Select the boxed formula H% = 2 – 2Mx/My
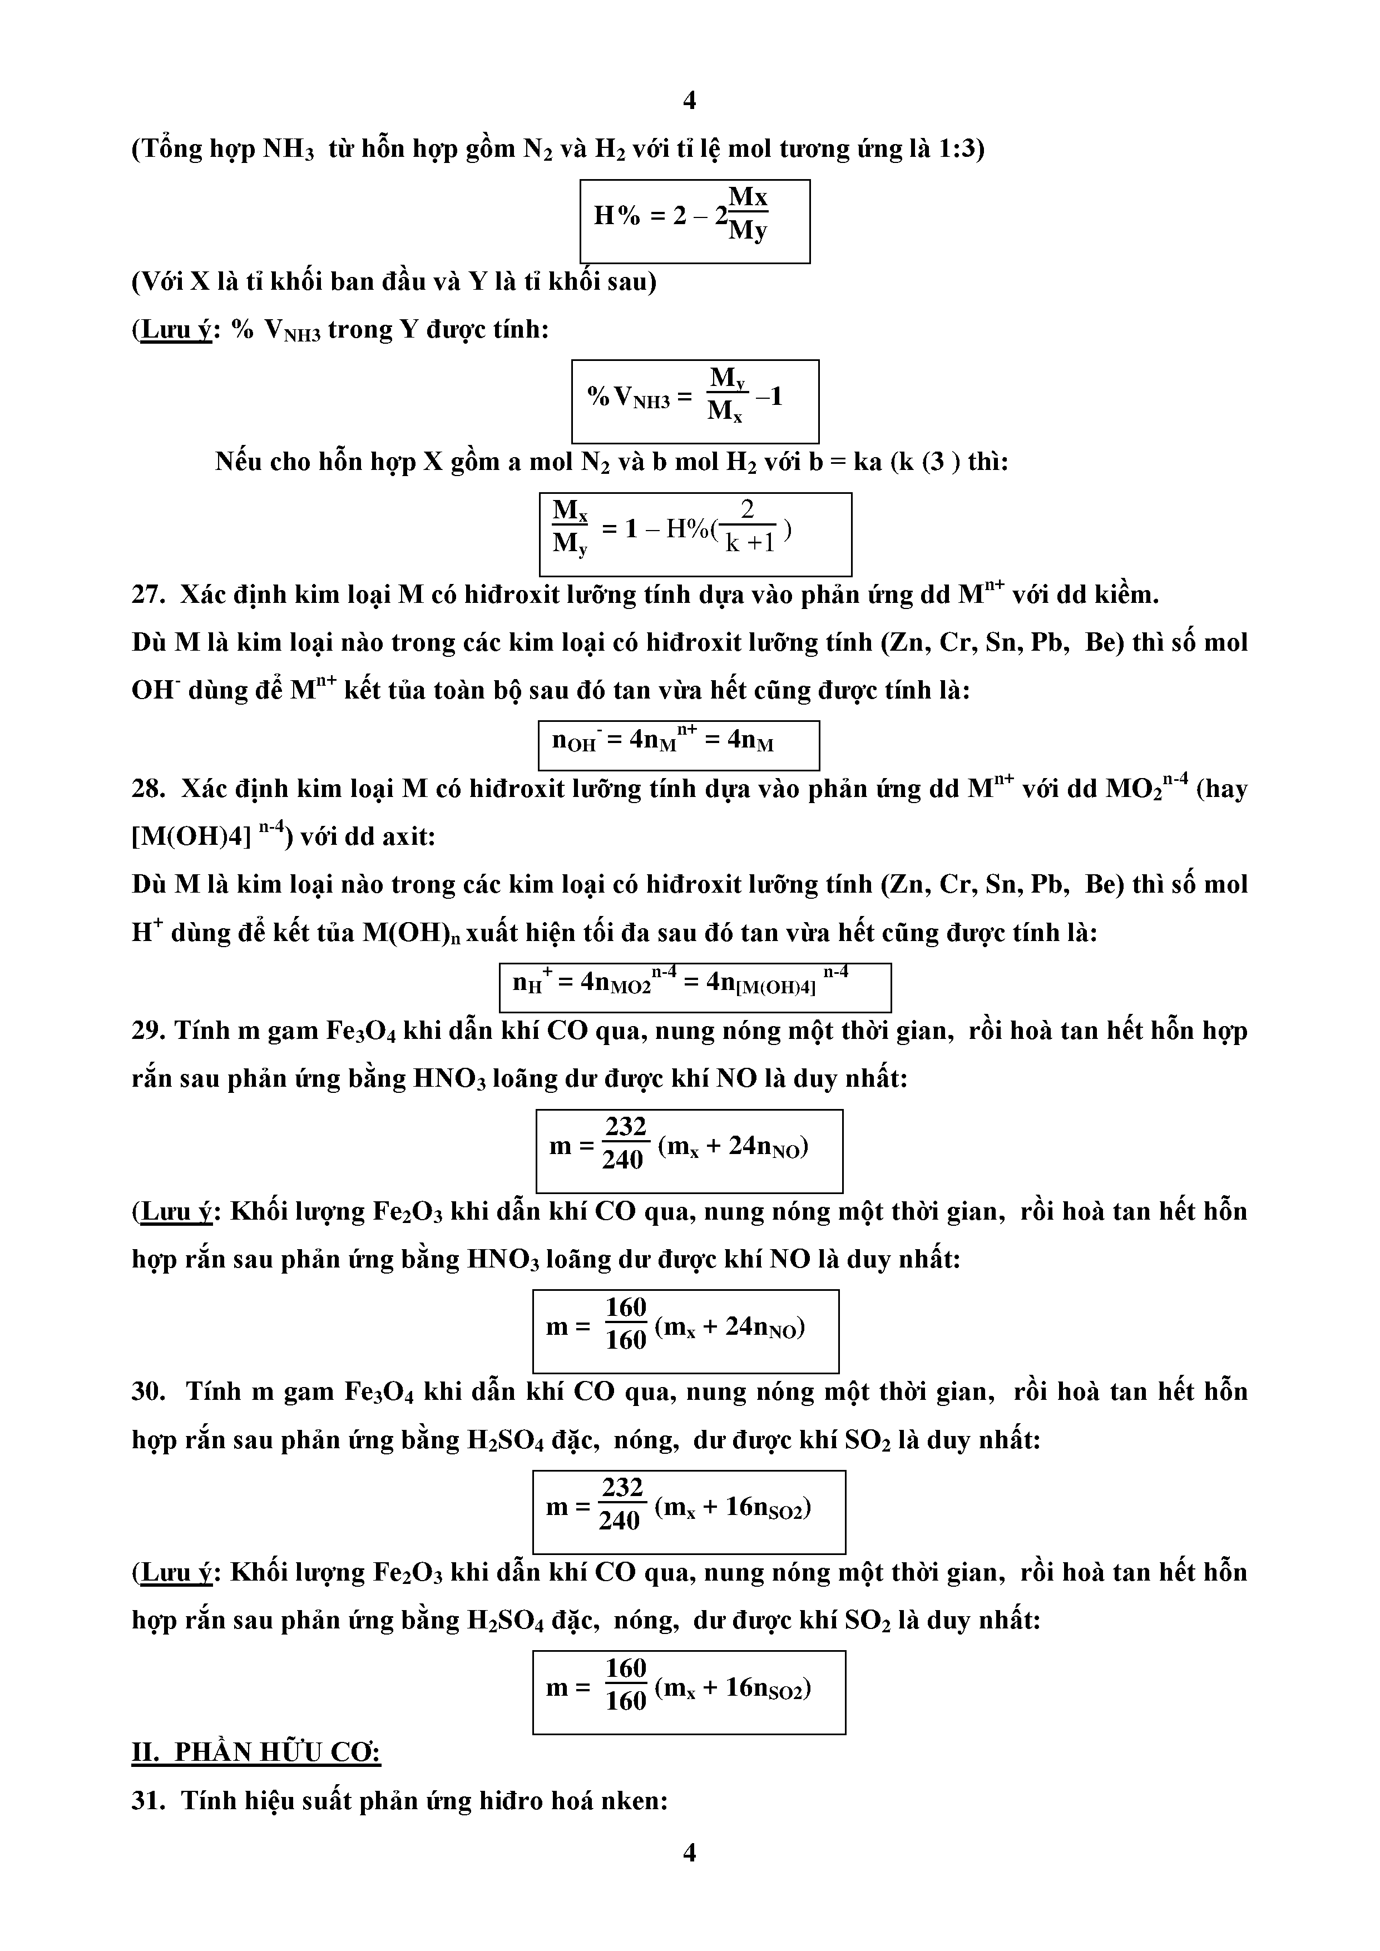[x=694, y=221]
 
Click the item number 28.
[x=148, y=789]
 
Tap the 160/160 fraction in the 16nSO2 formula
[x=625, y=1686]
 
